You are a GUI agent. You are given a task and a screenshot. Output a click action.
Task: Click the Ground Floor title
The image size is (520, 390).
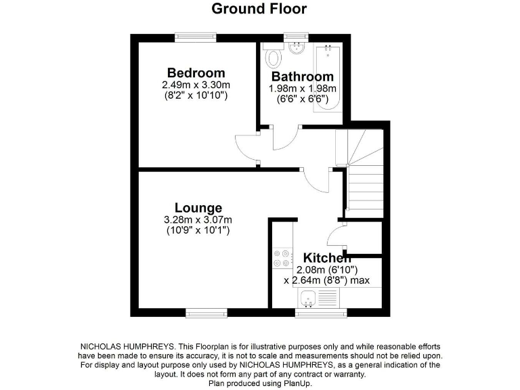[x=259, y=9]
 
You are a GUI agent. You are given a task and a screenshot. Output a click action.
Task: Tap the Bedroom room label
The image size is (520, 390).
[x=196, y=73]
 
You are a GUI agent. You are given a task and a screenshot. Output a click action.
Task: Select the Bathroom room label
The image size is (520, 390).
[x=302, y=77]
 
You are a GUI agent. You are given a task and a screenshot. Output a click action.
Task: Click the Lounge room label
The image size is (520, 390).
[x=198, y=208]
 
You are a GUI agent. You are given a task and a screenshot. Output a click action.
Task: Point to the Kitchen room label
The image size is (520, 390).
[x=326, y=258]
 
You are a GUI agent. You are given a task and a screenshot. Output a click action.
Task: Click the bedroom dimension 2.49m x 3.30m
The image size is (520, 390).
[x=196, y=85]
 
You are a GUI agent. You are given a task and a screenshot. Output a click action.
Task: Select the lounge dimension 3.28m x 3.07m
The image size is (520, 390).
[x=198, y=220]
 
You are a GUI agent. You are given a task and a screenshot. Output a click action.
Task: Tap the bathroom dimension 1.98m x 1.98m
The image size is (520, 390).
[x=303, y=89]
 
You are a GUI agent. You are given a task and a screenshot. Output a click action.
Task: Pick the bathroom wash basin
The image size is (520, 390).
[x=297, y=48]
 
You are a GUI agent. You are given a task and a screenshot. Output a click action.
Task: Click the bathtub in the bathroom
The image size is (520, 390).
[x=328, y=78]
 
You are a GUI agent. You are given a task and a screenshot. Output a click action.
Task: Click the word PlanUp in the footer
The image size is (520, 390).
[x=296, y=383]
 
